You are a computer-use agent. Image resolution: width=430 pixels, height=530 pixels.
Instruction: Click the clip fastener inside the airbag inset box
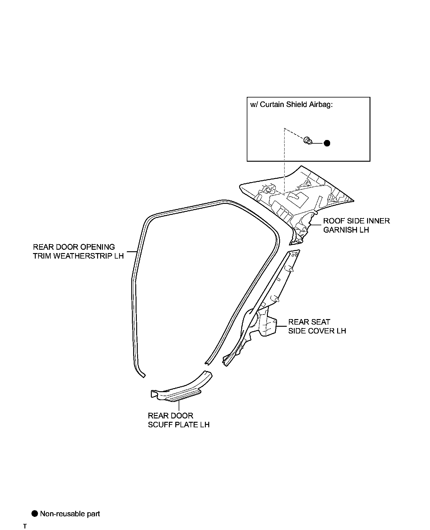(x=308, y=141)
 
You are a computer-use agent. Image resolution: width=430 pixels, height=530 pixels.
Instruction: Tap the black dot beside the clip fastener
(x=327, y=143)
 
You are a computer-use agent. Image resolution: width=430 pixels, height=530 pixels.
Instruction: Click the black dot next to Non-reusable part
(x=35, y=513)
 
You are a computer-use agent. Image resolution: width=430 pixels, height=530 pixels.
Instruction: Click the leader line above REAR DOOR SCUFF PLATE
(x=179, y=405)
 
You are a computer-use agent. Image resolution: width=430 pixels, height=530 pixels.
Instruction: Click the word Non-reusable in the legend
(x=57, y=514)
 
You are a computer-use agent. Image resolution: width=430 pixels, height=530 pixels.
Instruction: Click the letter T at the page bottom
(x=25, y=526)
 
